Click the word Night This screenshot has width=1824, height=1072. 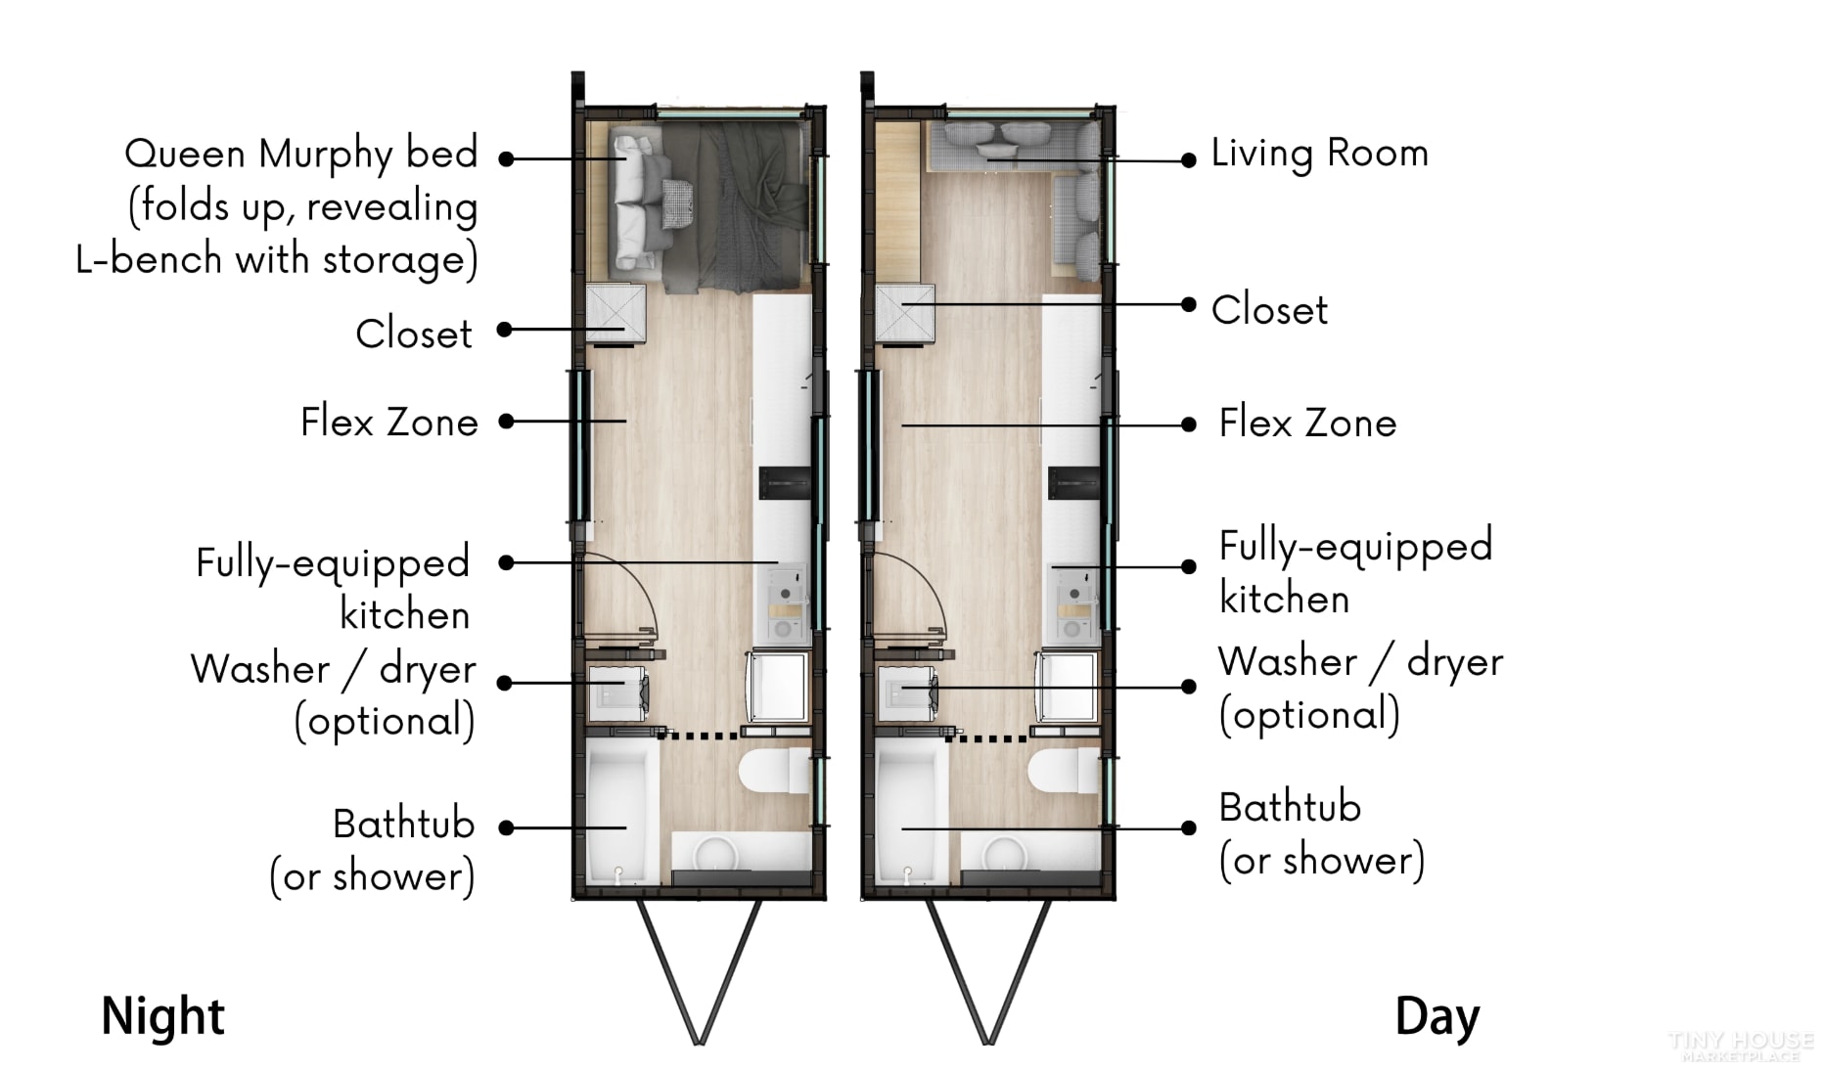pos(163,1016)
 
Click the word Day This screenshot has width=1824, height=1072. pos(1437,1017)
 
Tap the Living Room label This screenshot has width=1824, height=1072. pos(1320,154)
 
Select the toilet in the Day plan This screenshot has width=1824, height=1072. pos(1065,772)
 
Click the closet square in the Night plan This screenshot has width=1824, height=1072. pos(616,313)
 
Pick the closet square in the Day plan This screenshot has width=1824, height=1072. pos(904,313)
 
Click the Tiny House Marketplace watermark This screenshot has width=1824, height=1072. pos(1741,1046)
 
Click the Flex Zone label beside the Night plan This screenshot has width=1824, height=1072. pos(389,423)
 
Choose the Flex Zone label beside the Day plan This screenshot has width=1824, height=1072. pos(1307,424)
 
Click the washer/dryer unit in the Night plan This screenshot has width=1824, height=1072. pos(616,693)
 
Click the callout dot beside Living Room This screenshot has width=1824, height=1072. pos(1188,160)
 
